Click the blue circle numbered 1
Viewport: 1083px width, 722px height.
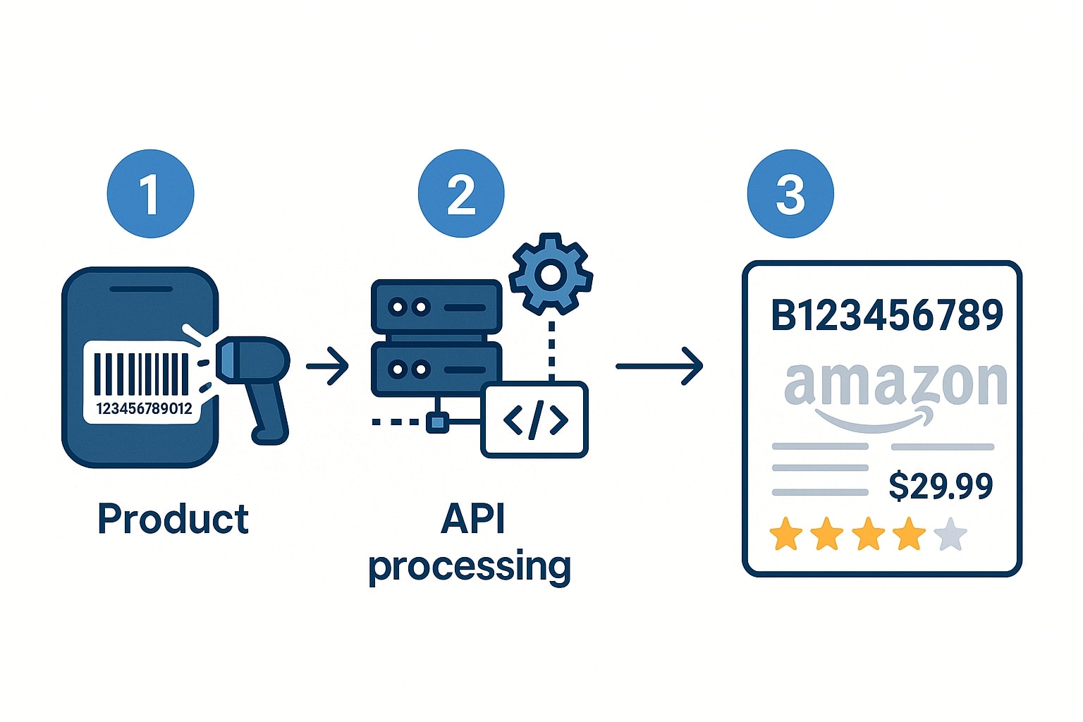pos(150,194)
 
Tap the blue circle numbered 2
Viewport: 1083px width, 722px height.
pos(461,194)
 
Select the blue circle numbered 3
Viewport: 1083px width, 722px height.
pos(790,194)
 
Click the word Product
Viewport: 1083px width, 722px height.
pos(173,520)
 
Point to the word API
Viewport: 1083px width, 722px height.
pos(473,520)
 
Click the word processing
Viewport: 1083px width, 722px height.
pos(470,566)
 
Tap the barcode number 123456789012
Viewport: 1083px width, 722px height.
pos(144,409)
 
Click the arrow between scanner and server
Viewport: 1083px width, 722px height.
pos(328,366)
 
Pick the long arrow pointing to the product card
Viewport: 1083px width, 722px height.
pos(659,366)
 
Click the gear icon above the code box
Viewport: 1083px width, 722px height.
pos(551,274)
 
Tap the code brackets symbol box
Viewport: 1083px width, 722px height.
pos(535,420)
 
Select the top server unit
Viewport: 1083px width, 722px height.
pos(436,307)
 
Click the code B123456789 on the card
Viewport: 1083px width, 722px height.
pos(887,315)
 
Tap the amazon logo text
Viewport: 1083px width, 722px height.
pos(895,386)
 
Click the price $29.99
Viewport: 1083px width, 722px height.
pos(941,486)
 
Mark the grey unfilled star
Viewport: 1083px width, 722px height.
pos(950,534)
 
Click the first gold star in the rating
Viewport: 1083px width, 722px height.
pos(785,534)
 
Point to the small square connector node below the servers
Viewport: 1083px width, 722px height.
pos(437,422)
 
